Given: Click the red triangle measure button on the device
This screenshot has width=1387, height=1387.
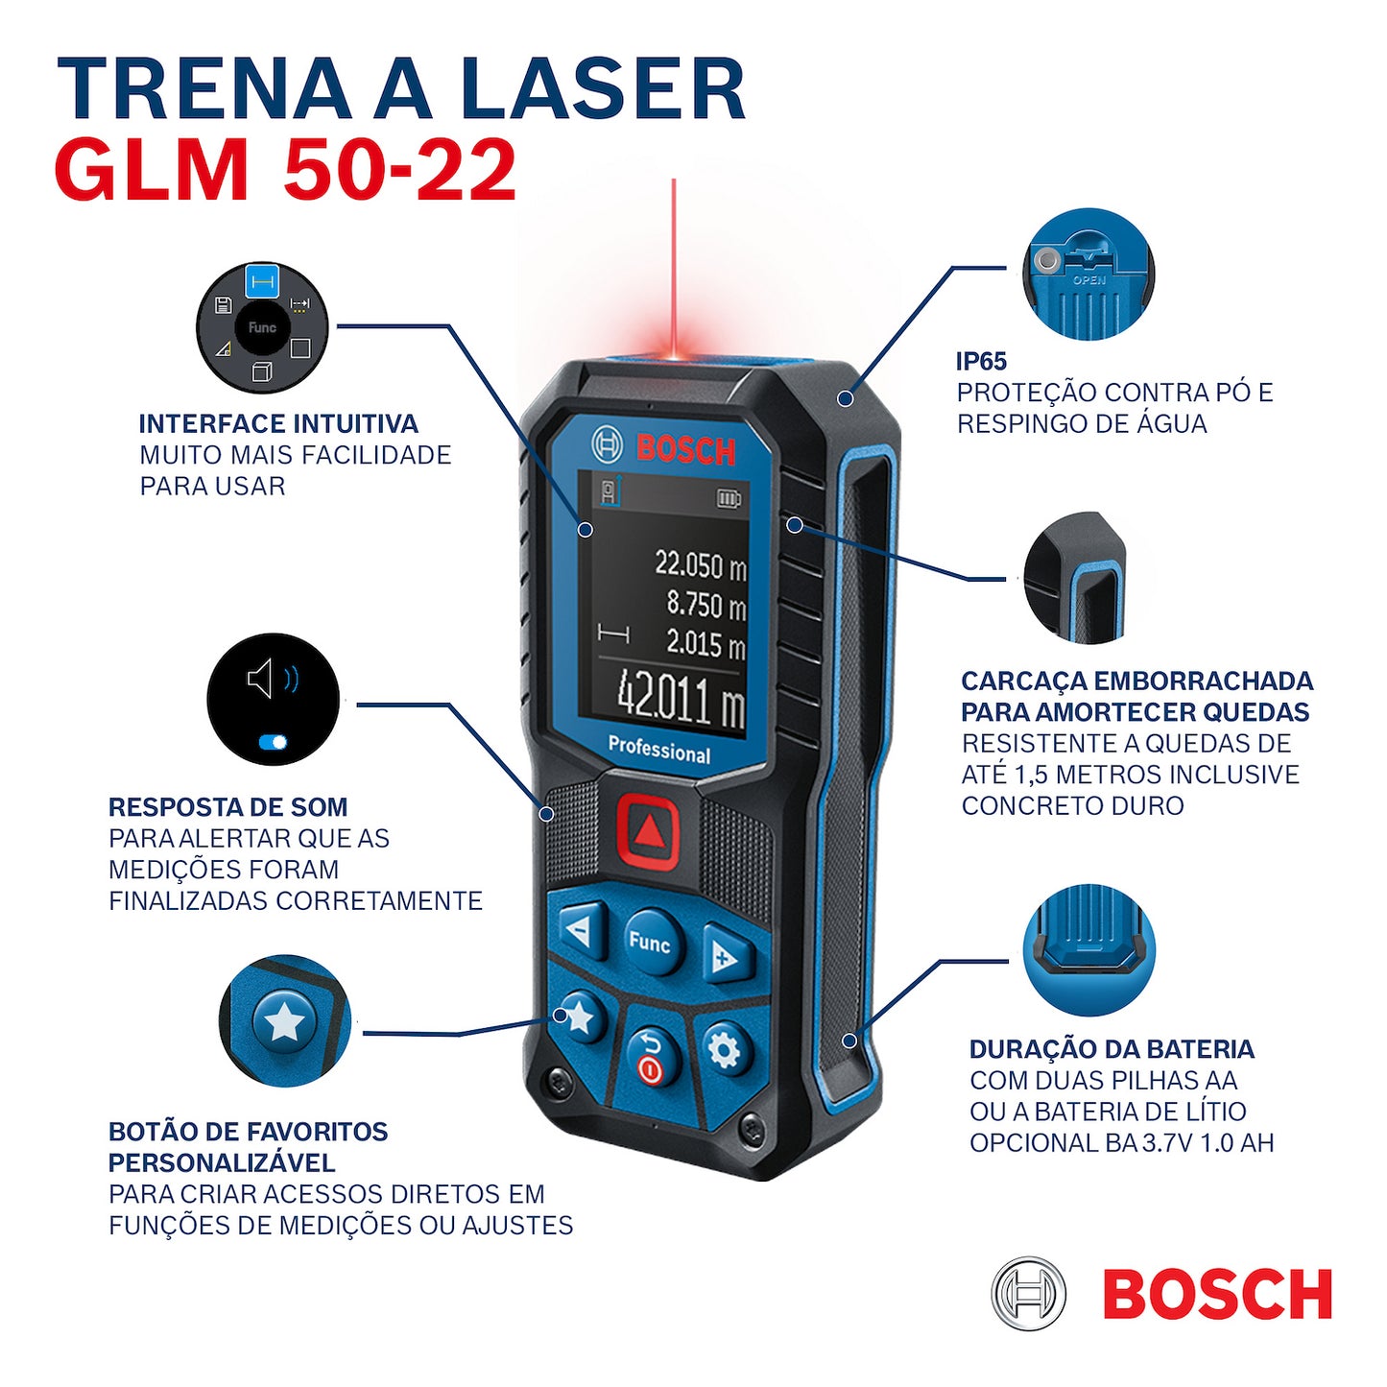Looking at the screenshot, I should [649, 830].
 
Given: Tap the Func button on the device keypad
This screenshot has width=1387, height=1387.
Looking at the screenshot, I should [650, 943].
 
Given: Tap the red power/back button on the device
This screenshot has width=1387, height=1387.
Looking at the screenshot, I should [651, 1058].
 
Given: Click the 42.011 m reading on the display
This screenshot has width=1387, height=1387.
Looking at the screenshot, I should [680, 701].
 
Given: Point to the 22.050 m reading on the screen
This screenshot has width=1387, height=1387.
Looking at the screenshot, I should [700, 564].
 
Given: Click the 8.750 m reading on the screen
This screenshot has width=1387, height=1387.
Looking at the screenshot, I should [705, 605].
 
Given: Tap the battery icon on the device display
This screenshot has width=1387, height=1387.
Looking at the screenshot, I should [729, 499].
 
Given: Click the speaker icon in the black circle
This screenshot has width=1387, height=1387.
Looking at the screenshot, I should [261, 679].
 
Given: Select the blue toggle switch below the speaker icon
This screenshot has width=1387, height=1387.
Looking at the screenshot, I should [273, 742].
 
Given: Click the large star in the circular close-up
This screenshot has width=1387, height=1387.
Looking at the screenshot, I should [285, 1021].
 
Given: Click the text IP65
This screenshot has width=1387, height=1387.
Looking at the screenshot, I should [981, 362].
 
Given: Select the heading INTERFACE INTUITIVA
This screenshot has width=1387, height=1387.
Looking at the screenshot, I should [278, 424].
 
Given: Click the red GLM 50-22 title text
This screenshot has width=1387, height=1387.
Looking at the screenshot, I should [286, 171].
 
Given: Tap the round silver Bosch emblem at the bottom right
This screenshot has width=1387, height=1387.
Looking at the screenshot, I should [1028, 1294].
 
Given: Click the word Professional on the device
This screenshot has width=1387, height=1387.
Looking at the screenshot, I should [659, 749].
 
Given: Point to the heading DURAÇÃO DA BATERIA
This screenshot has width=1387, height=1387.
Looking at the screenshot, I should [1112, 1049].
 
